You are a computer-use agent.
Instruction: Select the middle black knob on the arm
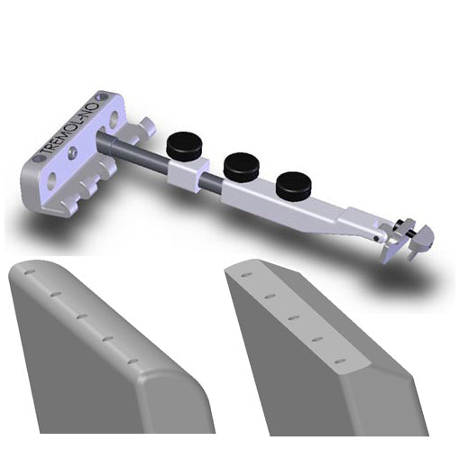pos(241,165)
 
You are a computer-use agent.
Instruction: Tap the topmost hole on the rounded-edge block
pos(30,271)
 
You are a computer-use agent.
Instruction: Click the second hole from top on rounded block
pos(55,293)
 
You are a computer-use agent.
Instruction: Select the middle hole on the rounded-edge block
pos(81,316)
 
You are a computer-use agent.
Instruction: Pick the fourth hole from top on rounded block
pos(107,339)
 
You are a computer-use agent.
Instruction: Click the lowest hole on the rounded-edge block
pos(133,362)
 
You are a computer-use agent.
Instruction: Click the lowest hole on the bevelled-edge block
pos(341,362)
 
